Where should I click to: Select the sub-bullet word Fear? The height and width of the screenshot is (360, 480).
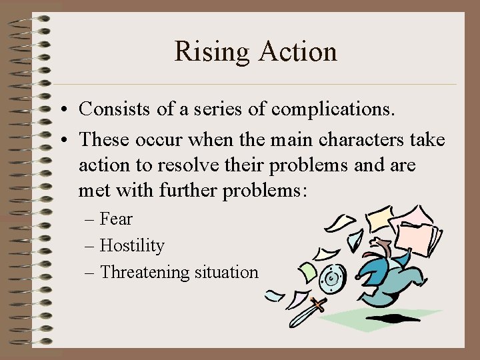[116, 219]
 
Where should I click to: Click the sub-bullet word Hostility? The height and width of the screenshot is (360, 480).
[131, 246]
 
